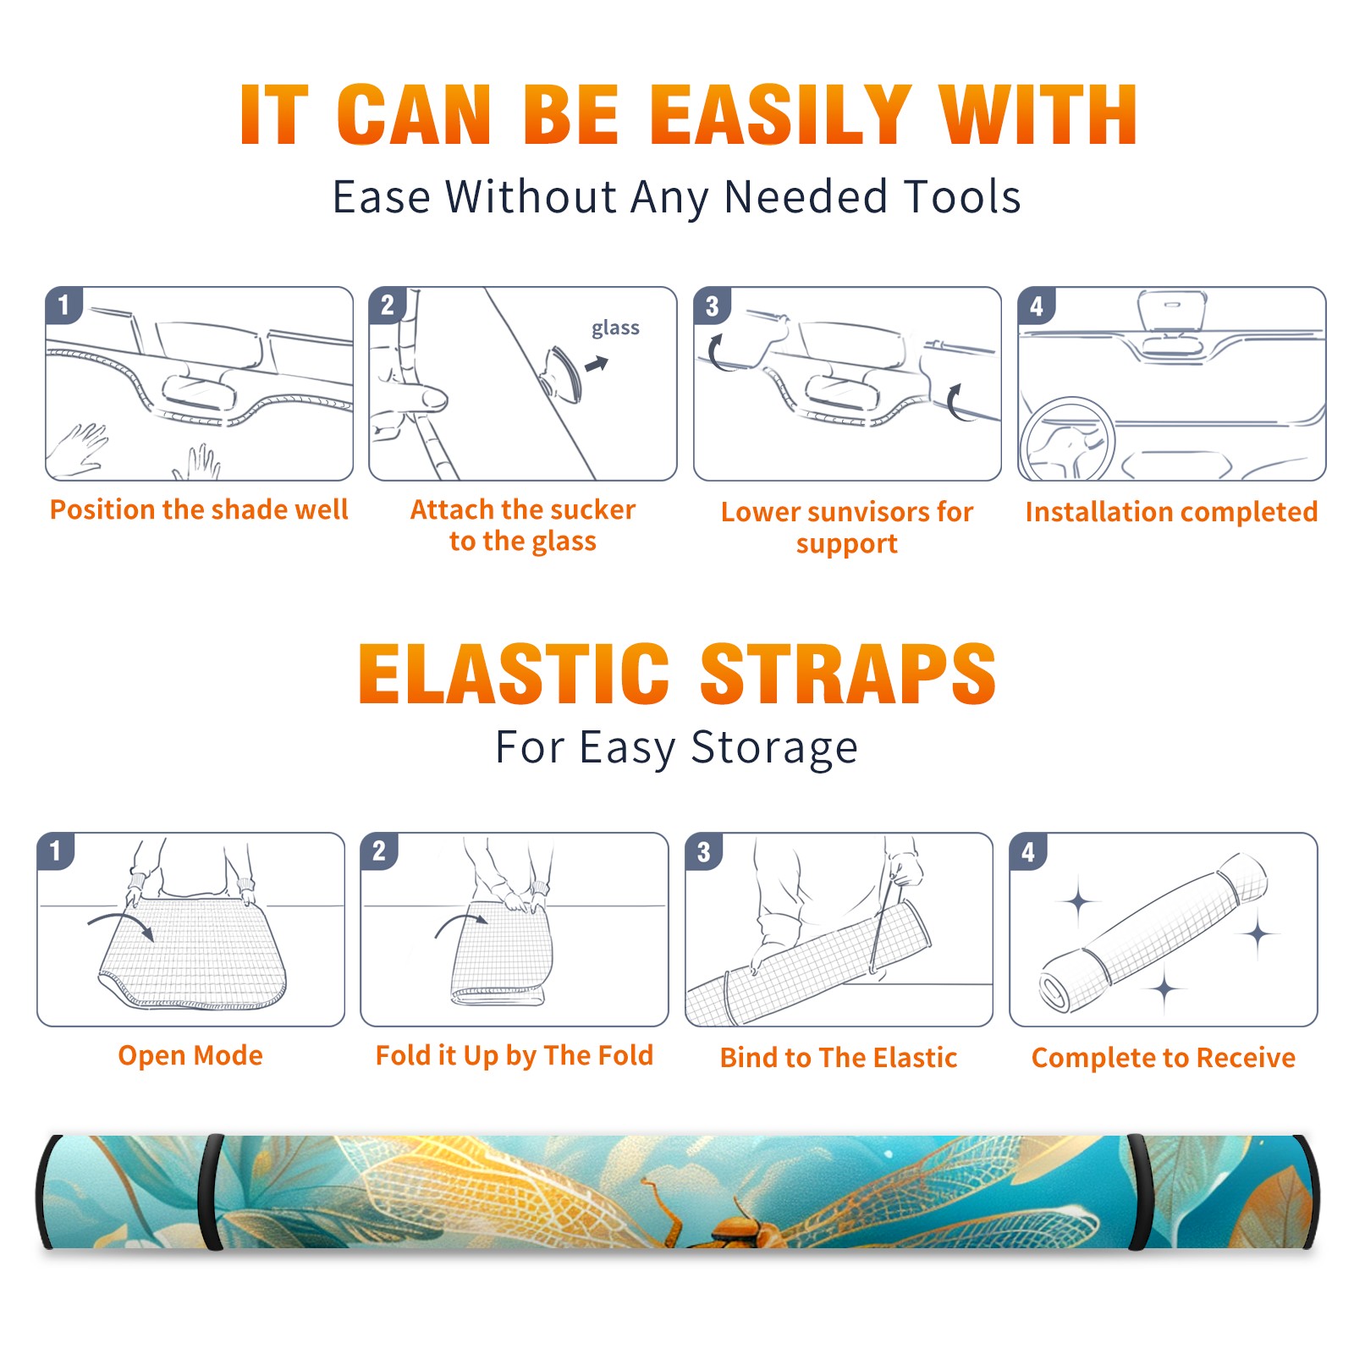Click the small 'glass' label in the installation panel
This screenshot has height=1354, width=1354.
click(x=615, y=328)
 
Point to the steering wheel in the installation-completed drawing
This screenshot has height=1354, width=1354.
click(x=1067, y=439)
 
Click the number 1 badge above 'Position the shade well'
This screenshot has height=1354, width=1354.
click(x=63, y=305)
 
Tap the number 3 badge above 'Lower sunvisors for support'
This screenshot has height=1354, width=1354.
click(x=712, y=305)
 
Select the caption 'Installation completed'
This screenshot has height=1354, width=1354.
click(x=1171, y=512)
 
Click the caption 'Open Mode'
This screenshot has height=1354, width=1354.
click(x=190, y=1055)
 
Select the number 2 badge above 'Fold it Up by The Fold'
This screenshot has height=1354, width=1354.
click(x=379, y=850)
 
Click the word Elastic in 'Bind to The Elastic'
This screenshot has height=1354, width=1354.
click(x=915, y=1058)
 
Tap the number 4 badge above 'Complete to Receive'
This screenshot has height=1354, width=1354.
click(x=1028, y=850)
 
